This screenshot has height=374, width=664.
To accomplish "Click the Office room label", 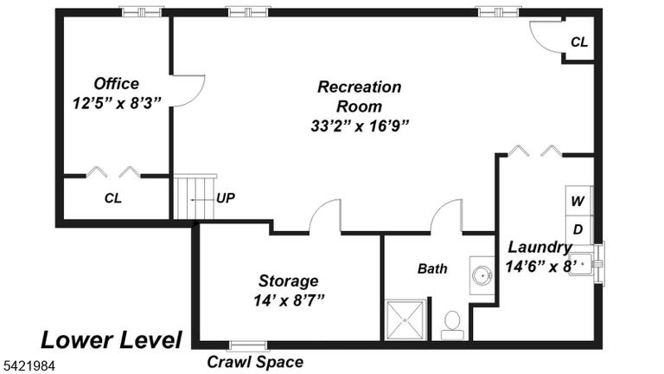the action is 116,83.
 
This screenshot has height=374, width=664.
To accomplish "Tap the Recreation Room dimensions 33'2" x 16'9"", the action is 360,126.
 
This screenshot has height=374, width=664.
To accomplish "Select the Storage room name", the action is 289,280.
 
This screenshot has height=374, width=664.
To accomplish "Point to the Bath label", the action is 432,268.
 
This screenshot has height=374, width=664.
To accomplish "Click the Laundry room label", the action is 539,247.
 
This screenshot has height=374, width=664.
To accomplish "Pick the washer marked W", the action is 578,201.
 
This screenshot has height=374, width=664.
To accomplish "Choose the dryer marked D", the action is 578,229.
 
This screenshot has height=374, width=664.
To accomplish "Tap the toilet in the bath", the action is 453,325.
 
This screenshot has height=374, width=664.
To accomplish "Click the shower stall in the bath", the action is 405,319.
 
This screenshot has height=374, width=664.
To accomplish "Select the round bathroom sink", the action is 482,275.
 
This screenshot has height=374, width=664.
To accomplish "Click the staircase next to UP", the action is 195,197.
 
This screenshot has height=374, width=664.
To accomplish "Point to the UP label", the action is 226,198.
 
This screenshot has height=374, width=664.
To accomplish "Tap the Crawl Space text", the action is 255,362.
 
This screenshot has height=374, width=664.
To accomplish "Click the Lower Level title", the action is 112,340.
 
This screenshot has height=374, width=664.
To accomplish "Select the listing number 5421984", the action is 29,365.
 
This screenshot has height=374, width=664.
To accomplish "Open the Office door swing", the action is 188,91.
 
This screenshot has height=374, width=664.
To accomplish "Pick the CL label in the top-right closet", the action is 579,42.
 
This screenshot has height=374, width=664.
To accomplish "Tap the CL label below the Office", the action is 113,198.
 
